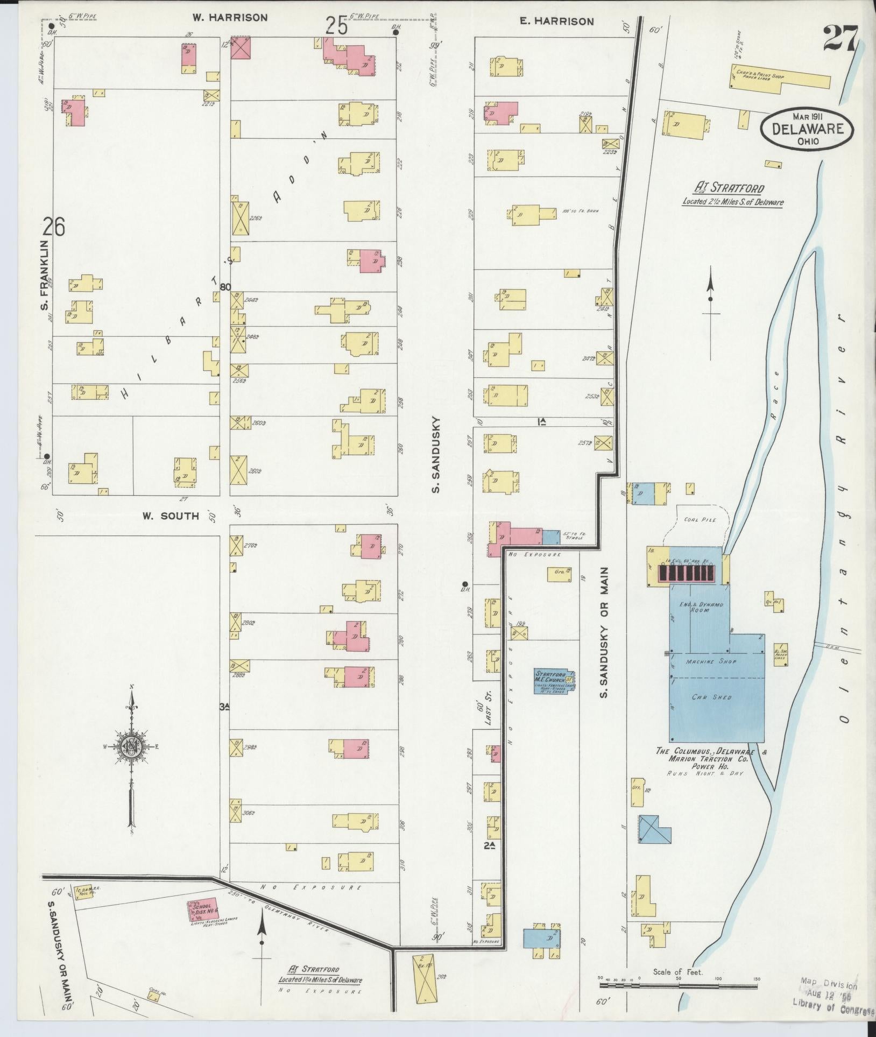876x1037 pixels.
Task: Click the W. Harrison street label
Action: [230, 18]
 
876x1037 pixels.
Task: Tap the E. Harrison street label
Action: [556, 22]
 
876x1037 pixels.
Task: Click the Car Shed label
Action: [717, 697]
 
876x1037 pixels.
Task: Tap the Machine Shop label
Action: [716, 661]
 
